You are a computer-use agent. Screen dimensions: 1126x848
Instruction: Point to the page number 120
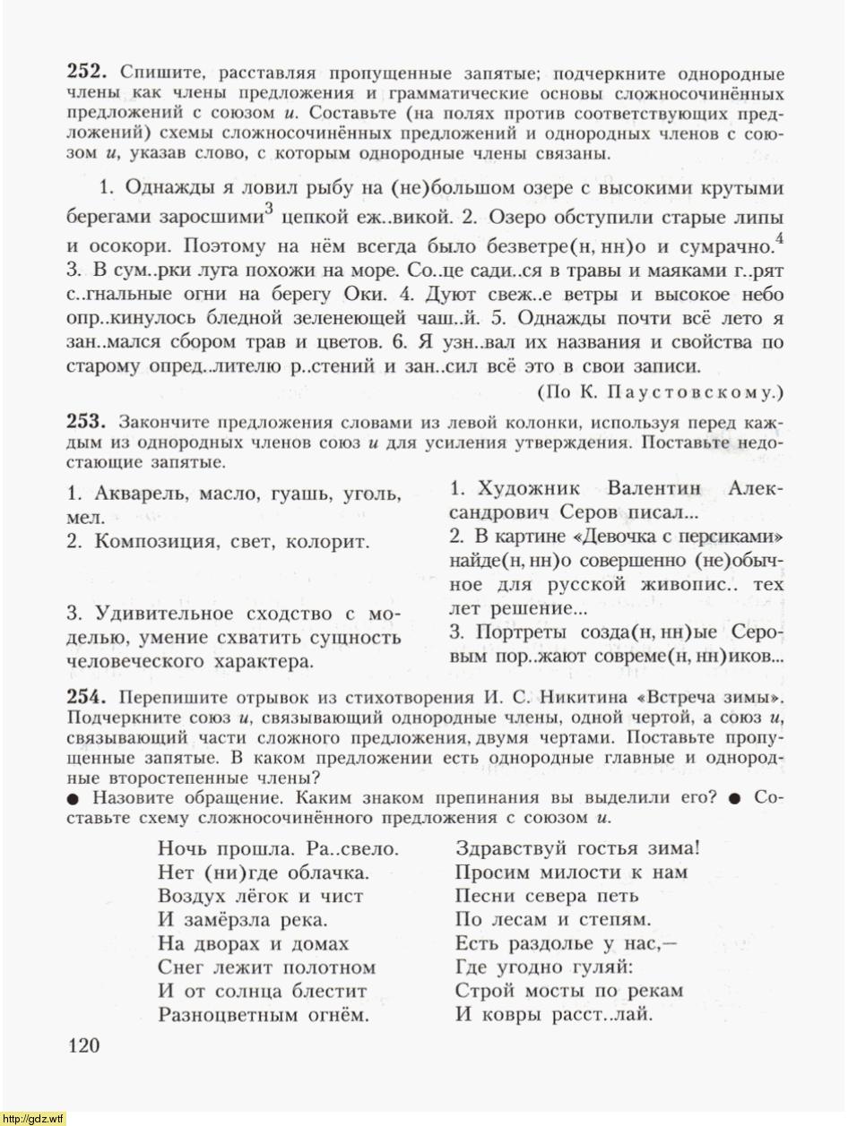click(83, 1045)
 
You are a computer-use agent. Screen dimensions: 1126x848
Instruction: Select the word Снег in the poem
click(181, 967)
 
